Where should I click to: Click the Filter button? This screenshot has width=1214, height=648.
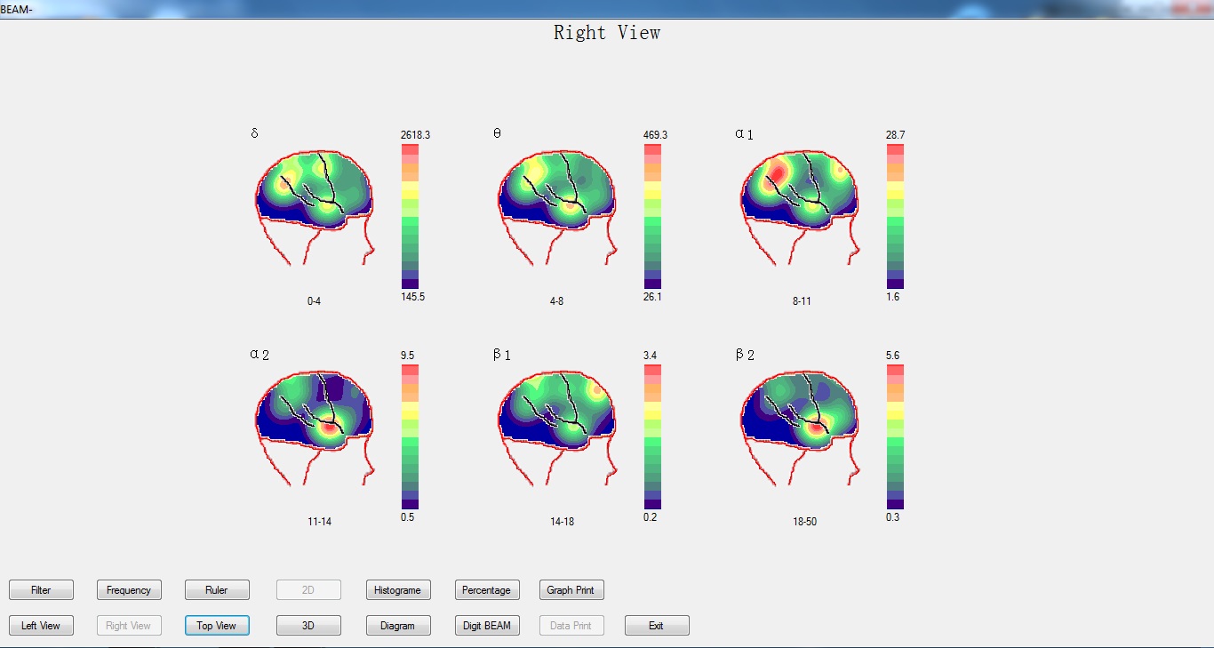(41, 590)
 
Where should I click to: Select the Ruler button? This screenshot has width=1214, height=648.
(217, 590)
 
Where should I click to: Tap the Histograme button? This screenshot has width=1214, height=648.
(398, 590)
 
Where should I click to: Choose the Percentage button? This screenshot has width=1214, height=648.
(487, 590)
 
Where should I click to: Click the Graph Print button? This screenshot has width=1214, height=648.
(571, 590)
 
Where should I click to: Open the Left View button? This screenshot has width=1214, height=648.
(41, 625)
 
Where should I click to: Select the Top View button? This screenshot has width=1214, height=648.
(217, 625)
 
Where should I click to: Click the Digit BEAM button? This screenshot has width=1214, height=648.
(487, 625)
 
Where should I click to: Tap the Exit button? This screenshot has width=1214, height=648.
(657, 625)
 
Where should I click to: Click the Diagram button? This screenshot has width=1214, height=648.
(398, 625)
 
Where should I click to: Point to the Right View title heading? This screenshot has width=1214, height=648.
(607, 33)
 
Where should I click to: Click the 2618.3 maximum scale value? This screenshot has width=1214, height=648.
(415, 134)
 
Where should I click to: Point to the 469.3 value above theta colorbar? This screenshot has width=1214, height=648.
(655, 134)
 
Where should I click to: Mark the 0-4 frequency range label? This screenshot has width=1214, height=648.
(314, 301)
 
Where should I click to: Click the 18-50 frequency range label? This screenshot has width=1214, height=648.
(804, 522)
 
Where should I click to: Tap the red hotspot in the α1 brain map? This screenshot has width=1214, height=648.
(778, 173)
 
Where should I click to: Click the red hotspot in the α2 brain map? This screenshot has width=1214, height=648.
(329, 428)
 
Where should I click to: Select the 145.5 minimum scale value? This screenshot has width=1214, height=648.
(412, 297)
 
